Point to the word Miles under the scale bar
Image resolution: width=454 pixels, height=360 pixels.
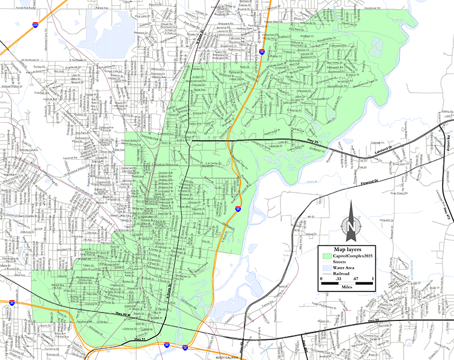pos(347,287)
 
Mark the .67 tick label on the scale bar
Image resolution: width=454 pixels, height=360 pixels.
pos(356,278)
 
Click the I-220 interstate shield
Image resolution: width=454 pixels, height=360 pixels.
pos(36,25)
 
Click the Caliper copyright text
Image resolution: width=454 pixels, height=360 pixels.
pos(226,358)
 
